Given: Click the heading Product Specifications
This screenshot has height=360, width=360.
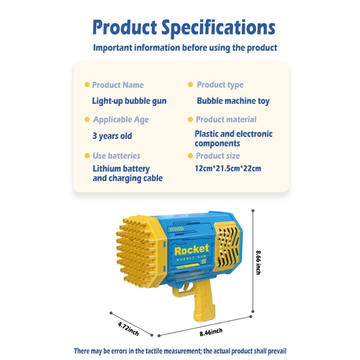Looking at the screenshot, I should click(x=184, y=27).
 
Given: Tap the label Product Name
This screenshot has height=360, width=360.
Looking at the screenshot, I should click(x=118, y=85).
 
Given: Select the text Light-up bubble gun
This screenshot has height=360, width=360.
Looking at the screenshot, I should click(x=129, y=101).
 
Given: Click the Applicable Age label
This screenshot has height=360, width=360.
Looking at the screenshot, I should click(x=121, y=120).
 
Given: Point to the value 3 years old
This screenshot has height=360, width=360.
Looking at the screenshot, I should click(x=112, y=136).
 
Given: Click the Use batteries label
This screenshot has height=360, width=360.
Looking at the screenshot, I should click(x=116, y=156).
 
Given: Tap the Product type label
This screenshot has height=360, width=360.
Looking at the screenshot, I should click(x=220, y=85).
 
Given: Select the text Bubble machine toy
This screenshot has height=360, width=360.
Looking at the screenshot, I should click(x=233, y=101).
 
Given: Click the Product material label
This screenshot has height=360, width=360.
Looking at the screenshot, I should click(x=226, y=120).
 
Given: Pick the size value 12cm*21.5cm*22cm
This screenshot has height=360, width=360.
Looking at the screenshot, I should click(x=228, y=169).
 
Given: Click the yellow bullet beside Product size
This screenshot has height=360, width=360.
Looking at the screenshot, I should click(x=190, y=156).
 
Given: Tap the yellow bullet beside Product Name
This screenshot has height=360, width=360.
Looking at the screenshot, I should click(x=87, y=85).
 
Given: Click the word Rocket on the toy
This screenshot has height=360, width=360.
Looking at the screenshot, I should click(x=192, y=250).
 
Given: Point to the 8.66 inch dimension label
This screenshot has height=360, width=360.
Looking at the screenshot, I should click(x=258, y=262).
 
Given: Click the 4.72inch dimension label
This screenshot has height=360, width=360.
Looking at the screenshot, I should click(x=128, y=329).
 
